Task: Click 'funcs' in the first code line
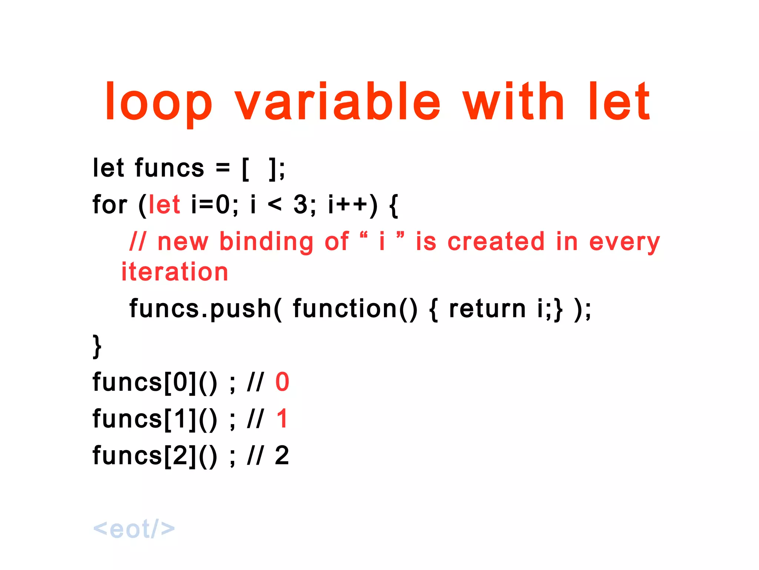(169, 168)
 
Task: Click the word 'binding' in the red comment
(266, 242)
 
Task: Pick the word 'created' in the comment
(496, 242)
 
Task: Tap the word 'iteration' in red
(175, 272)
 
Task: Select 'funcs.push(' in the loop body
(205, 309)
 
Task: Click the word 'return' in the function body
(487, 309)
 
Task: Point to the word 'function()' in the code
(355, 309)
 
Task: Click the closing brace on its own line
(97, 346)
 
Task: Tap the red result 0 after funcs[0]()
(282, 382)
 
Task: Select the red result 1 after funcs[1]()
(282, 419)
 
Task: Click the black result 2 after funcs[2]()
(282, 455)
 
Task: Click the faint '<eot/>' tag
(134, 528)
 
